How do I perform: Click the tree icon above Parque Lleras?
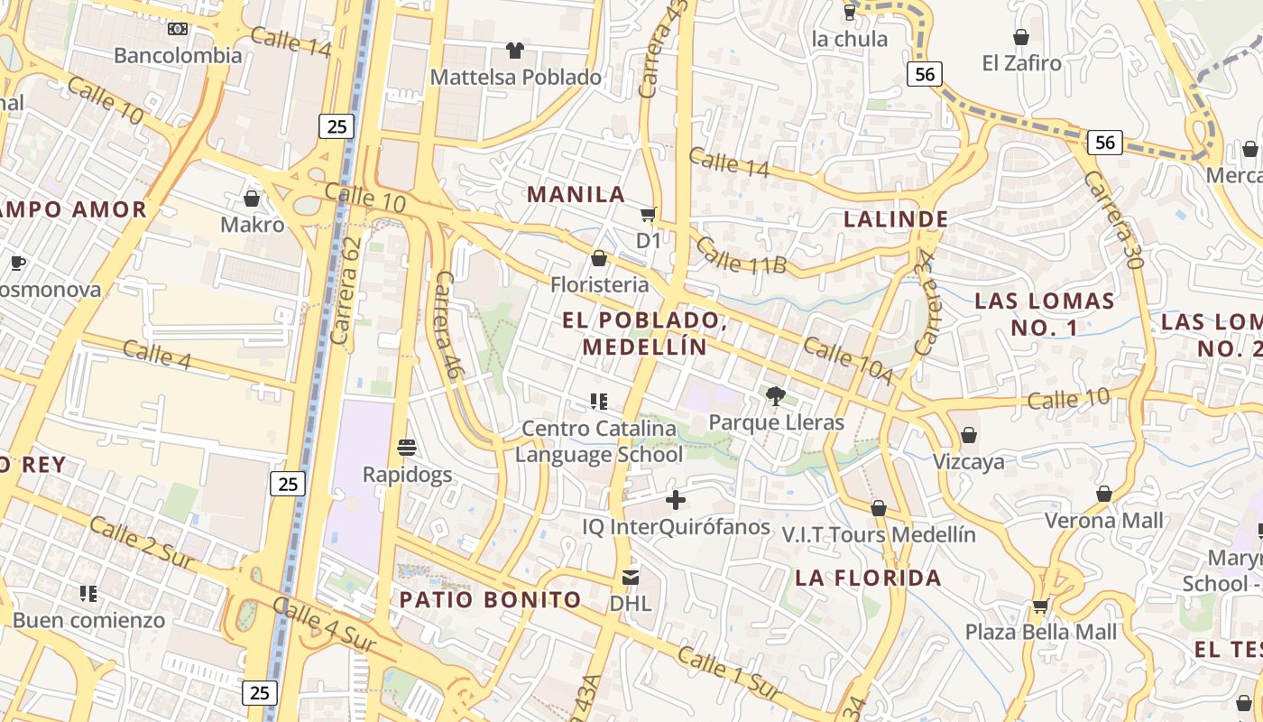point(775,395)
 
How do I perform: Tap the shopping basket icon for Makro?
point(252,198)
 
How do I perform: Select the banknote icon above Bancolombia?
point(178,29)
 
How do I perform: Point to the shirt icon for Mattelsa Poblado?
point(514,51)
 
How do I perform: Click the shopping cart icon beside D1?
point(648,214)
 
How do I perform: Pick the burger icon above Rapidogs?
point(407,447)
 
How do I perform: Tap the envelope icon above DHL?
point(631,576)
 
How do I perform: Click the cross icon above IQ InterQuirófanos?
point(676,500)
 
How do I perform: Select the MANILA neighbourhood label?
point(576,194)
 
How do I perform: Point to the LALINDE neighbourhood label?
point(896,218)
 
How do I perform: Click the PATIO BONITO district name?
point(491,599)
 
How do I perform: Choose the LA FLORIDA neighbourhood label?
point(869,578)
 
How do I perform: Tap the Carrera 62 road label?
point(346,289)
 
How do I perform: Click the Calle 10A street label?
point(848,360)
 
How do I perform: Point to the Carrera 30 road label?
point(1115,219)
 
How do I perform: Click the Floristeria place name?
point(600,284)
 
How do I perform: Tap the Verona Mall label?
point(1104,521)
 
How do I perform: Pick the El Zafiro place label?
point(1021,63)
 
